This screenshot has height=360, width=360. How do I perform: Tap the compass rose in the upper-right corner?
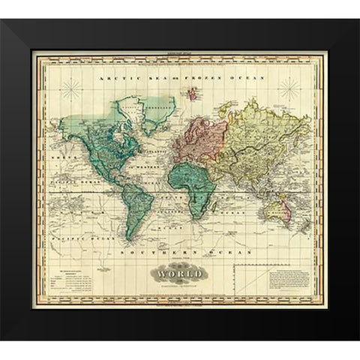point(288,91)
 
